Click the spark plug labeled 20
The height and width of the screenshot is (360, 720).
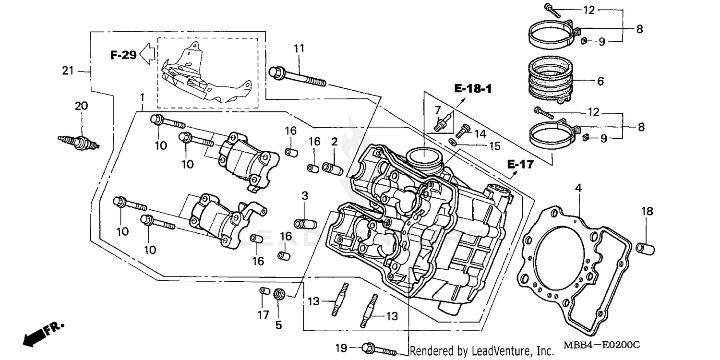click(x=79, y=142)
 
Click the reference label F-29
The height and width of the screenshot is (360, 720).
click(x=123, y=55)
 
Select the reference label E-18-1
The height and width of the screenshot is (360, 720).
click(x=473, y=88)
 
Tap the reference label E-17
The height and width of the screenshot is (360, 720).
click(x=520, y=165)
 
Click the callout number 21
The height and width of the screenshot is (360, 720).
click(x=68, y=71)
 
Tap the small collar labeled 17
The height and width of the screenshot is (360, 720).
click(x=263, y=291)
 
